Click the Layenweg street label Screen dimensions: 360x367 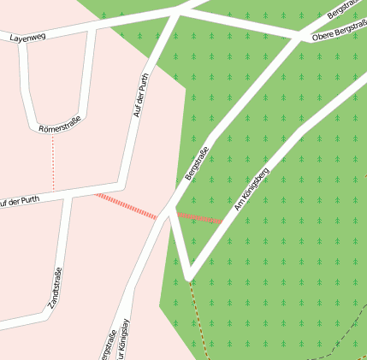coord(27,38)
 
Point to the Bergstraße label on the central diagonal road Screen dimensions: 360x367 coord(197,162)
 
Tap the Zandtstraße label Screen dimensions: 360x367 coord(55,288)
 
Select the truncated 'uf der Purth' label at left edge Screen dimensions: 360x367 coord(19,202)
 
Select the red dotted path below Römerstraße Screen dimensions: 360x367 coord(53,162)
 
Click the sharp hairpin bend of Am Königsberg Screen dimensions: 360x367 coord(189,275)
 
